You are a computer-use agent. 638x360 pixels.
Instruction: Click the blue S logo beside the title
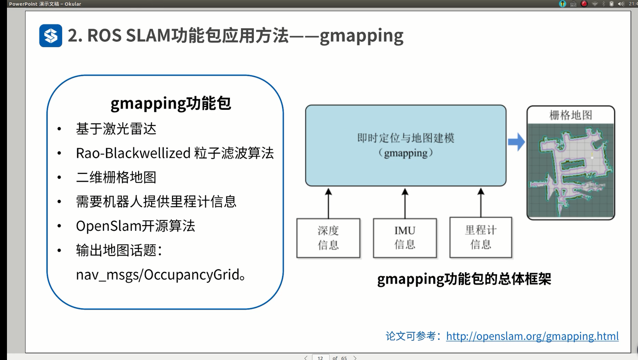pyautogui.click(x=51, y=36)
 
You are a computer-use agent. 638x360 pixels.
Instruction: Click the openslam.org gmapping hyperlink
pyautogui.click(x=532, y=336)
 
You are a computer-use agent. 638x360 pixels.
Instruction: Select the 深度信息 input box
pyautogui.click(x=328, y=238)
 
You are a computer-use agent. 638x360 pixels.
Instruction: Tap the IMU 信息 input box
pyautogui.click(x=405, y=238)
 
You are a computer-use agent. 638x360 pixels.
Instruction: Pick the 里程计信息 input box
pyautogui.click(x=481, y=237)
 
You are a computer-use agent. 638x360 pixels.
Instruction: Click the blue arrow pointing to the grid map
pyautogui.click(x=516, y=142)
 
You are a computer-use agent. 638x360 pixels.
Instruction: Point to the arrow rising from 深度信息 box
pyautogui.click(x=328, y=203)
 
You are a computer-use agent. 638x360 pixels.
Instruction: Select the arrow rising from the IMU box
pyautogui.click(x=405, y=203)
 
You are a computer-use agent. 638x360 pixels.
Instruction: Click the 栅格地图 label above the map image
pyautogui.click(x=571, y=115)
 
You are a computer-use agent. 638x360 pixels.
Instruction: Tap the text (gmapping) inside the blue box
pyautogui.click(x=406, y=153)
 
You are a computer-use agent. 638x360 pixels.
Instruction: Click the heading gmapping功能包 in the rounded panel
pyautogui.click(x=170, y=103)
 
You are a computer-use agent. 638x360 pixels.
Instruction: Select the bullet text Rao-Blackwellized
pyautogui.click(x=133, y=153)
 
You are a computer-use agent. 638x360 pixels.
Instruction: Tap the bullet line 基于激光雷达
pyautogui.click(x=116, y=129)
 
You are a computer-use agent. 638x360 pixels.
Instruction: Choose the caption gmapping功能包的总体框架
pyautogui.click(x=464, y=279)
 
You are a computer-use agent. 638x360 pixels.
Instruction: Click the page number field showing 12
pyautogui.click(x=320, y=358)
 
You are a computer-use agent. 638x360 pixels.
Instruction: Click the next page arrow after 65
pyautogui.click(x=355, y=358)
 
